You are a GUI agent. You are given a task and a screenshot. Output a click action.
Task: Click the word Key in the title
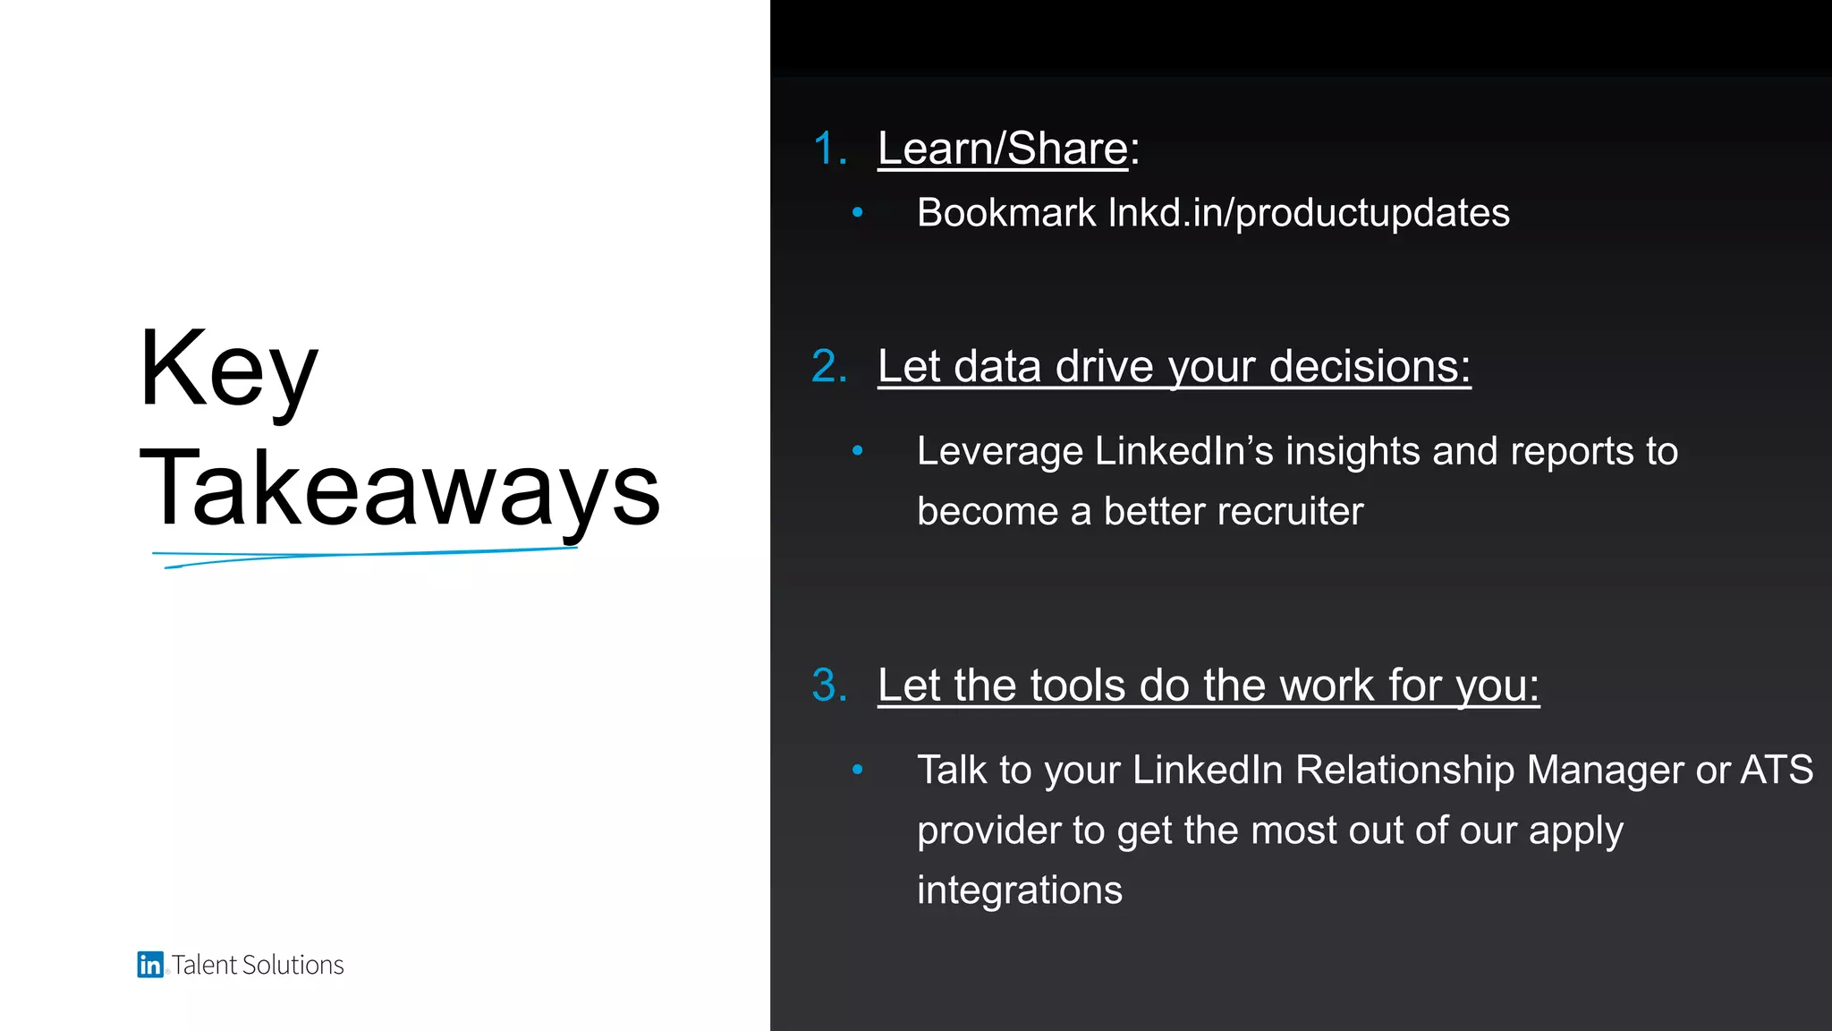point(228,369)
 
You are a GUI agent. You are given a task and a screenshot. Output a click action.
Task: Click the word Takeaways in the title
point(400,489)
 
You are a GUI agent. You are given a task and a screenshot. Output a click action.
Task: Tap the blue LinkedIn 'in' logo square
point(149,964)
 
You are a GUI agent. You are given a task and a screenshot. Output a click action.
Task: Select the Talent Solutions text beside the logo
point(258,965)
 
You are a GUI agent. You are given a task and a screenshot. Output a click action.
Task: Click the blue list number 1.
point(829,149)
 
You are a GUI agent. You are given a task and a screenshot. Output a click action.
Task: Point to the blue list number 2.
point(829,367)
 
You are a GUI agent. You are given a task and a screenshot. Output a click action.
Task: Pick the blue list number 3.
point(829,686)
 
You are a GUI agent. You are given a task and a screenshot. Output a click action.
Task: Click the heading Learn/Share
point(1003,149)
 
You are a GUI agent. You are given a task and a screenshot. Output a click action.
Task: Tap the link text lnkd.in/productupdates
point(1309,213)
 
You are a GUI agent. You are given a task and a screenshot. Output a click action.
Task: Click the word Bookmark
point(1006,213)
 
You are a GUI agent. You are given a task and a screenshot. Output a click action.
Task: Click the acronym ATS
point(1777,771)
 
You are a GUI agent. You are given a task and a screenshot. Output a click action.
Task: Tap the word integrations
point(1020,890)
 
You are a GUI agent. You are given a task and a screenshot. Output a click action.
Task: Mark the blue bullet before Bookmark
point(858,213)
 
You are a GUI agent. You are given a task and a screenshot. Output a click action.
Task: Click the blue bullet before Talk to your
point(858,770)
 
